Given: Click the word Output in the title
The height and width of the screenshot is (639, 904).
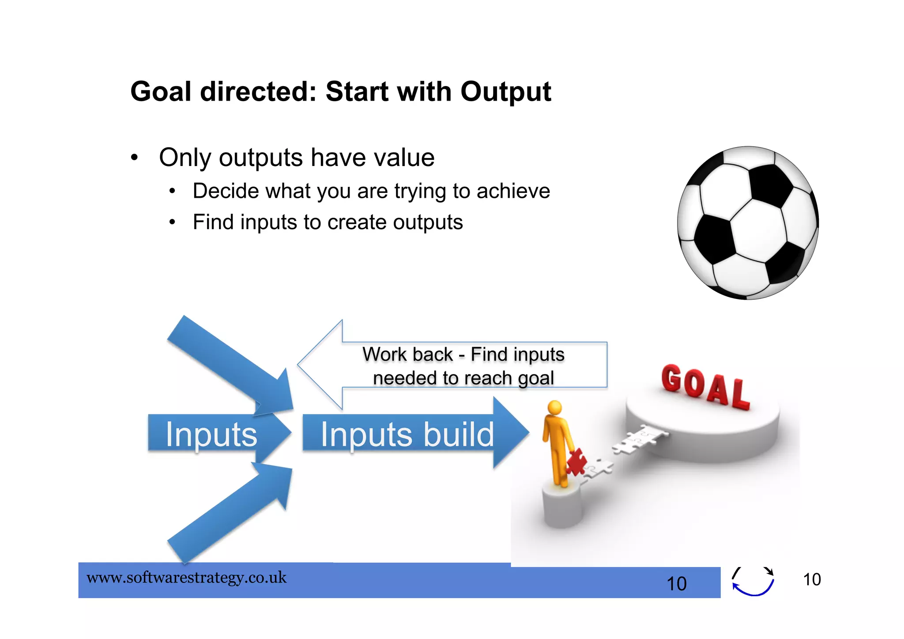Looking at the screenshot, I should (505, 92).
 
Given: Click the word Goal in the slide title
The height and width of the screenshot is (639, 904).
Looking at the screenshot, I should (161, 92).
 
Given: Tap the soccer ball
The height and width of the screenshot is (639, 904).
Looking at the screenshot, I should (748, 223).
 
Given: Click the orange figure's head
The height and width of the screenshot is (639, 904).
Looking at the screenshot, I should (554, 407).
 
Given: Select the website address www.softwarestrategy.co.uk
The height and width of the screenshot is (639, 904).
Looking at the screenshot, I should (186, 578).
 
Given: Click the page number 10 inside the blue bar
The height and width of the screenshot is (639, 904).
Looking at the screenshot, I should (676, 584).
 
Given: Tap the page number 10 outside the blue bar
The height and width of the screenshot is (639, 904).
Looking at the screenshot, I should (811, 579).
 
